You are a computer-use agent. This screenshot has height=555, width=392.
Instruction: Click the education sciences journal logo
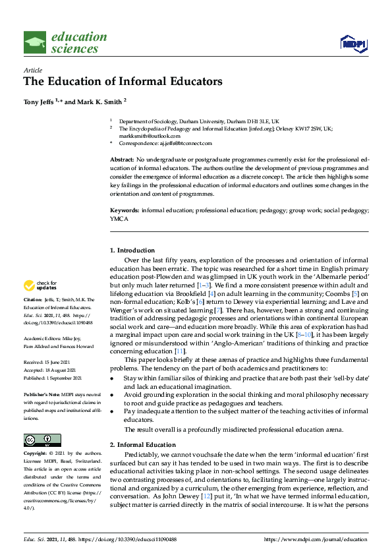(65, 43)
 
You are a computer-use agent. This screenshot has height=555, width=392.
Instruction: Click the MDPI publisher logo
(354, 44)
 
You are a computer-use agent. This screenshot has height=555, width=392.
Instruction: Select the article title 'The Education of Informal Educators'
(123, 82)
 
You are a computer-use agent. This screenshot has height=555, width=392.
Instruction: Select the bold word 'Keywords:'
(124, 210)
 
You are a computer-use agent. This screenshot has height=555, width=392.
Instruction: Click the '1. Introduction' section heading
(132, 250)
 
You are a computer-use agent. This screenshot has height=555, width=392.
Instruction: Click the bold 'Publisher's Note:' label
(43, 394)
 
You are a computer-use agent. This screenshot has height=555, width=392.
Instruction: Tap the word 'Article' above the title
(32, 70)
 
